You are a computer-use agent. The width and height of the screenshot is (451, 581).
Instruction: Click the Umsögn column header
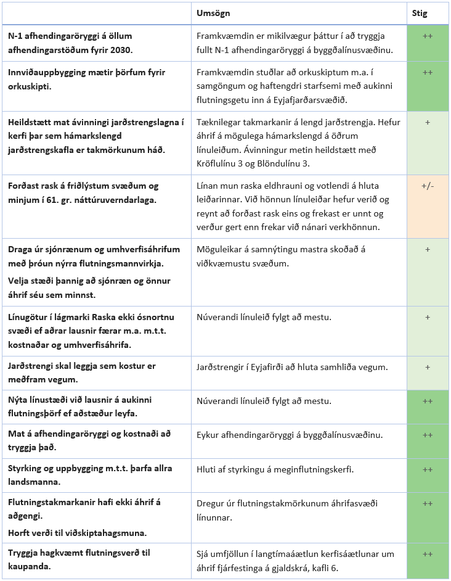coord(213,14)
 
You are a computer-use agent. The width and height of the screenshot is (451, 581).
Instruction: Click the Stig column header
coord(420,14)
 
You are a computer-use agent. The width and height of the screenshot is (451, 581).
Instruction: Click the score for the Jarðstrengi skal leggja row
coord(428,367)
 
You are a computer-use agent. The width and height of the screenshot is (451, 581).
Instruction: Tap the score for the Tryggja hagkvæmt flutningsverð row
coord(428,554)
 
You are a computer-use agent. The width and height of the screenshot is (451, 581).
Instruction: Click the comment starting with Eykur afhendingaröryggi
coord(290,435)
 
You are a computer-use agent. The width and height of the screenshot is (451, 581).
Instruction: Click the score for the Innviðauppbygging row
coord(428,72)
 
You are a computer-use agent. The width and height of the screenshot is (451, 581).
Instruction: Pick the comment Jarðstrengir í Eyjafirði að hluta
coord(292,367)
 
